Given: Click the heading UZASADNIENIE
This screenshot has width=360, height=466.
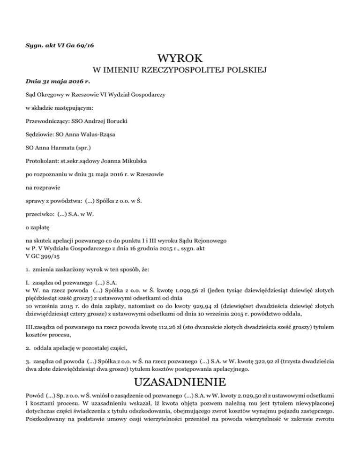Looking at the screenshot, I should point(180,380).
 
